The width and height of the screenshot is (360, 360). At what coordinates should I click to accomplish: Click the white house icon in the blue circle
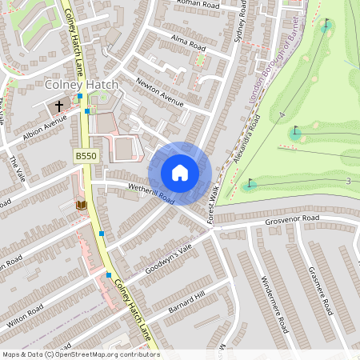coord(179,173)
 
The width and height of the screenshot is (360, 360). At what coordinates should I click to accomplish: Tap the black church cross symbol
coord(58,105)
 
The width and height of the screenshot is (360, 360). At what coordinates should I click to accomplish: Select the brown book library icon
coord(81,206)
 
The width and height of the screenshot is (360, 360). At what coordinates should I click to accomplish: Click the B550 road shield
coord(86,156)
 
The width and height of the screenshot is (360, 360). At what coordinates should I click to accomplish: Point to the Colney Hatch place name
coord(82,85)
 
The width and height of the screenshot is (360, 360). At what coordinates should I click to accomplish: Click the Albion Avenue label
coord(45,128)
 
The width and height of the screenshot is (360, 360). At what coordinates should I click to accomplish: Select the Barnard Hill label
coord(188,302)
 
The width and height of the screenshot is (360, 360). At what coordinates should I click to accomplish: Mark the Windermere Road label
coord(274,304)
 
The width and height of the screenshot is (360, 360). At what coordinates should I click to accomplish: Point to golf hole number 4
coord(282,116)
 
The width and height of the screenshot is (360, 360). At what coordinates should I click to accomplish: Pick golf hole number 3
coord(348,182)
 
